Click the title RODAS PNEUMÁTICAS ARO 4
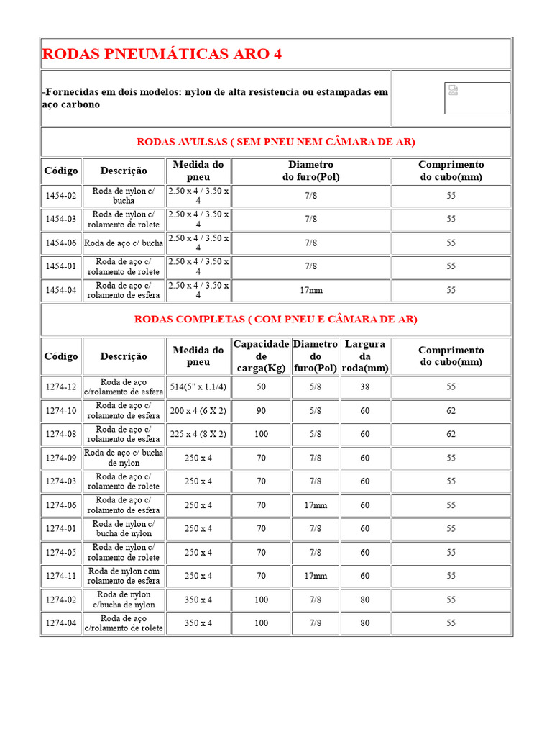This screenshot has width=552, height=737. pyautogui.click(x=162, y=54)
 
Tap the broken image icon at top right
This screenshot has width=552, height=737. pyautogui.click(x=453, y=90)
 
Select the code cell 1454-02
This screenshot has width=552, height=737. pyautogui.click(x=61, y=196)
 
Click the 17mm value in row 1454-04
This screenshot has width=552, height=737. pyautogui.click(x=310, y=290)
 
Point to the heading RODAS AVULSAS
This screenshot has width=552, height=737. pyautogui.click(x=275, y=142)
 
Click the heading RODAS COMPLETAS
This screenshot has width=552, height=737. pyautogui.click(x=275, y=319)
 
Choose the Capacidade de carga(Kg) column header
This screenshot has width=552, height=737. pyautogui.click(x=261, y=356)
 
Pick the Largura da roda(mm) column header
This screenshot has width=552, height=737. pyautogui.click(x=365, y=356)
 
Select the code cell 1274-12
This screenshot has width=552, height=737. pyautogui.click(x=61, y=387)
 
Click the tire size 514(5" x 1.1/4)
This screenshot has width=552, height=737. pyautogui.click(x=198, y=387)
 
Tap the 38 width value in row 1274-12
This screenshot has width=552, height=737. pyautogui.click(x=365, y=387)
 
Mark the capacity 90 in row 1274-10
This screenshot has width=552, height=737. pyautogui.click(x=261, y=411)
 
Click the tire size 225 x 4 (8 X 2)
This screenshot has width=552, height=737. pyautogui.click(x=198, y=434)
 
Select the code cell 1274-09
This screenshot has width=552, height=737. pyautogui.click(x=61, y=458)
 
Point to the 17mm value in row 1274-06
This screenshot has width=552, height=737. pyautogui.click(x=316, y=505)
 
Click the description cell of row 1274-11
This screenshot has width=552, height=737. pyautogui.click(x=124, y=576)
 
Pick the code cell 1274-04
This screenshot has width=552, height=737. pyautogui.click(x=61, y=623)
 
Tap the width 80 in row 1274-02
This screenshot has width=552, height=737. pyautogui.click(x=365, y=600)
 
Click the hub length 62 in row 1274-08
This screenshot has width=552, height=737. pyautogui.click(x=451, y=434)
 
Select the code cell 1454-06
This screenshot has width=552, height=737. pyautogui.click(x=61, y=243)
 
